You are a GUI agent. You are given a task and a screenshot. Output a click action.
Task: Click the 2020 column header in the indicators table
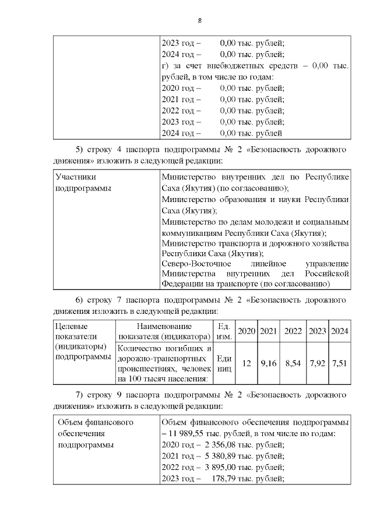point(247,331)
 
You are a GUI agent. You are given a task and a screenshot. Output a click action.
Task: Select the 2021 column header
point(268,331)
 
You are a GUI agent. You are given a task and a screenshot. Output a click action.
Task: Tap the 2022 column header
point(293,331)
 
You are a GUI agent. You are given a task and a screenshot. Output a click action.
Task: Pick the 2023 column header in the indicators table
point(317,331)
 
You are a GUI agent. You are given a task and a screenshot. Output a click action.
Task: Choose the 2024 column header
point(339,331)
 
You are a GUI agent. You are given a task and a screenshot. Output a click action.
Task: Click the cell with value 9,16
point(268,363)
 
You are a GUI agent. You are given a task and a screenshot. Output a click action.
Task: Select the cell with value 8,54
point(293,363)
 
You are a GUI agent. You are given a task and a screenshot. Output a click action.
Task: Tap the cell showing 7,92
point(317,363)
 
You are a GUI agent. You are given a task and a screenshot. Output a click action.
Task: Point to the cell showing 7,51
point(339,363)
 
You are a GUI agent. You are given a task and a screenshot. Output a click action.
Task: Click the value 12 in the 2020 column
point(247,363)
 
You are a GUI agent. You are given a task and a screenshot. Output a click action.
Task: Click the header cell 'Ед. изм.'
point(224,331)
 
